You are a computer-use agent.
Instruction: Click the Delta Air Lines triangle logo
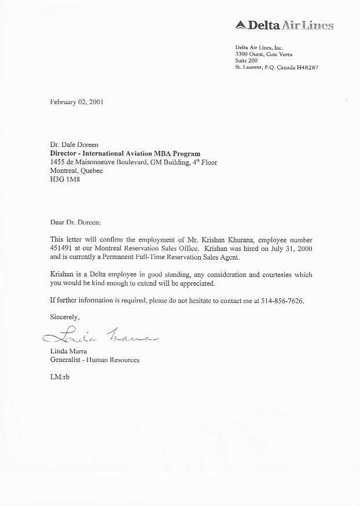click(241, 25)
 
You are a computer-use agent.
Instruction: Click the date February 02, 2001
click(77, 102)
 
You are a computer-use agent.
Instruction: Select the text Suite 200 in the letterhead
click(247, 61)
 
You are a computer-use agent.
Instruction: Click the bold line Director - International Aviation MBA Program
click(125, 154)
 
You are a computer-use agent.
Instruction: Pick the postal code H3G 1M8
click(65, 180)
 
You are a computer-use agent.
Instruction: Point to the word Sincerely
click(64, 317)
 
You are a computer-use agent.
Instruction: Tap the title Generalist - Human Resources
click(95, 360)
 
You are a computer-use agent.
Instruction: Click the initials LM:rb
click(60, 377)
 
